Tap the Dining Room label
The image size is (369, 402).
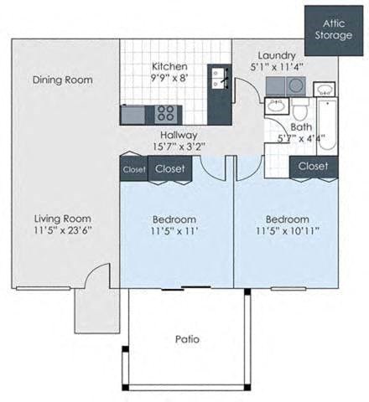pos(63,80)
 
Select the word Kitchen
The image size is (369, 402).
pos(169,67)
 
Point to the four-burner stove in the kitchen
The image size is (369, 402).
pos(166,112)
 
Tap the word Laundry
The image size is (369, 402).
pos(275,55)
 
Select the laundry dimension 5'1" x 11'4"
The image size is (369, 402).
pos(275,68)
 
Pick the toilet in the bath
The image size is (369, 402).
pos(299,111)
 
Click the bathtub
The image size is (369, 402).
pos(327,126)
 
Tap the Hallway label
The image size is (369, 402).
pos(179,134)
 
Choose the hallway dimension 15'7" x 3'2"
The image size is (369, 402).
pos(179,147)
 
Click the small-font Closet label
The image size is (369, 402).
pos(134,169)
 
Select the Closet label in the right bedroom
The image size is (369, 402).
pos(313,166)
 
